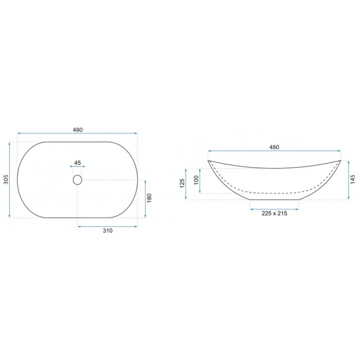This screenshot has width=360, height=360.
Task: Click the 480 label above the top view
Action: pos(78,130)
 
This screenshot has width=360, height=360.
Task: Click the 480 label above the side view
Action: pos(274,147)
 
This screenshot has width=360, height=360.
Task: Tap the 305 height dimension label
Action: pos(6,180)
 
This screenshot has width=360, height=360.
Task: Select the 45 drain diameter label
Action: pos(78,163)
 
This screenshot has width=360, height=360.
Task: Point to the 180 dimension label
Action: pos(149,198)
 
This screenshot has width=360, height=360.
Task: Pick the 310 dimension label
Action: pos(107,231)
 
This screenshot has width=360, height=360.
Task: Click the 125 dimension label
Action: pos(182,184)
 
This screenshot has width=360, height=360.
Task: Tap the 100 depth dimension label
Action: pos(196,180)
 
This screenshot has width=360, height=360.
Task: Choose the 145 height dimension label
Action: pos(353,180)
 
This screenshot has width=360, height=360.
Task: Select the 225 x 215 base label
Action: pos(274,213)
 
